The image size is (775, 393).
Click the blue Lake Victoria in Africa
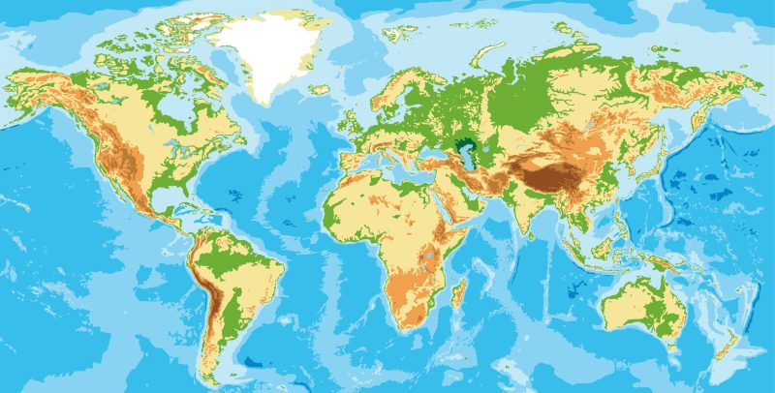click(428, 256)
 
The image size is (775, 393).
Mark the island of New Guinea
click(668, 263)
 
